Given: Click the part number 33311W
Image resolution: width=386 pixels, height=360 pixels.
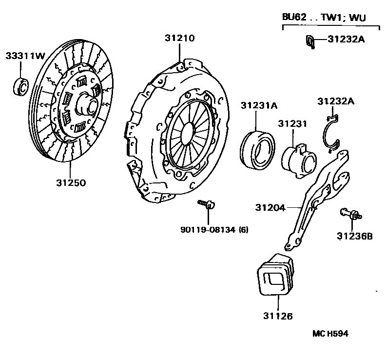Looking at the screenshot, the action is [x=25, y=56].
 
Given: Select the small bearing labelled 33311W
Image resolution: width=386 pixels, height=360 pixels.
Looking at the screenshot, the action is [x=21, y=86].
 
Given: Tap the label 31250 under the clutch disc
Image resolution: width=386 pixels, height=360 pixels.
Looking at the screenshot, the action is [x=71, y=183].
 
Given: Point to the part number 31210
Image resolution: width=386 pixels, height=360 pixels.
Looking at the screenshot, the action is [x=180, y=38].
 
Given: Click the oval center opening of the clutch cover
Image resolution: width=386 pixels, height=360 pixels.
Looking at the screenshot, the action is [x=188, y=134].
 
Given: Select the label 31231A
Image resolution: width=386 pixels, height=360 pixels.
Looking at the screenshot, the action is [x=259, y=105].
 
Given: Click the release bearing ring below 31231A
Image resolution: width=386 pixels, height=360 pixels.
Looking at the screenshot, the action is [x=257, y=149].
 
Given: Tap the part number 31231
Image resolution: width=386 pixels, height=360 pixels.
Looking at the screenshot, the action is [x=293, y=123].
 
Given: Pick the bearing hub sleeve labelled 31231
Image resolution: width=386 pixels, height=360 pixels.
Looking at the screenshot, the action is [x=299, y=161].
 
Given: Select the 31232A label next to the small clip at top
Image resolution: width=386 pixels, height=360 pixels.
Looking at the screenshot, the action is [x=346, y=39].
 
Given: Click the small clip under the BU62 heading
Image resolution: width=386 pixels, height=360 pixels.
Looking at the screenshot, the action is [x=310, y=41].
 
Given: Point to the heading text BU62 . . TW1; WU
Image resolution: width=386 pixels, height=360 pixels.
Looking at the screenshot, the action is [x=324, y=18].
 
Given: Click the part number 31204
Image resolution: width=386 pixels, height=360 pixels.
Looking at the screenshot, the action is [x=270, y=207].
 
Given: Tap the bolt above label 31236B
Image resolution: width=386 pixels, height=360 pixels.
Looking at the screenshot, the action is [x=351, y=214].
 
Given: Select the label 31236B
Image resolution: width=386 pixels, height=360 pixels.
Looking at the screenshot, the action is [x=355, y=236].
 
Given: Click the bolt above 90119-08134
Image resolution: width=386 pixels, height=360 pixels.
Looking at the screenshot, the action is [x=206, y=203].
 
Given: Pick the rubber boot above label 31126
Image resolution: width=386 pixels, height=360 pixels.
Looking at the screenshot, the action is [x=275, y=274].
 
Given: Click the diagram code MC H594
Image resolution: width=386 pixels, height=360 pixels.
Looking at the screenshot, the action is [x=330, y=334].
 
